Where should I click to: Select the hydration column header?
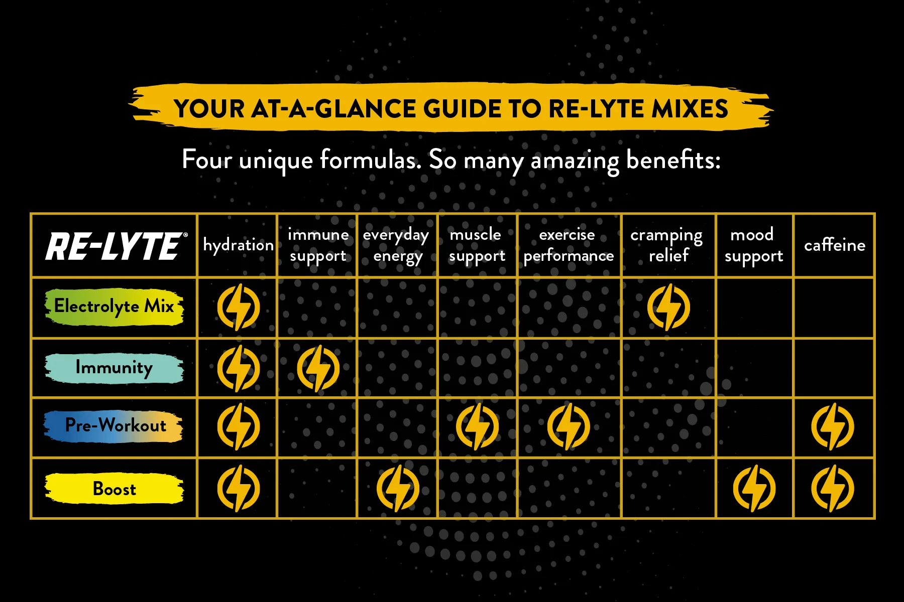click(x=239, y=245)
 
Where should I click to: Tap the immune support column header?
click(x=318, y=245)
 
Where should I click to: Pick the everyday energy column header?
click(x=396, y=246)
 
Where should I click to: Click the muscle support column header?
click(x=477, y=245)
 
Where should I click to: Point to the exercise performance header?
click(x=569, y=245)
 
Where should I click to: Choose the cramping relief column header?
click(x=667, y=245)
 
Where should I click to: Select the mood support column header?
click(x=753, y=245)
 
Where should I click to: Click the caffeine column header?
click(x=835, y=245)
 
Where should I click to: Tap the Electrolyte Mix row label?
click(x=115, y=307)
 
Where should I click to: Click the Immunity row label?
click(x=115, y=368)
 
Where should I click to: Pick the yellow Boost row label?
click(x=115, y=489)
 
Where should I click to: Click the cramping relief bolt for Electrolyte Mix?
click(x=668, y=307)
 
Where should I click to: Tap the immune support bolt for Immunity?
click(x=318, y=368)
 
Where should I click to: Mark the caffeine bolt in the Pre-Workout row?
click(x=833, y=427)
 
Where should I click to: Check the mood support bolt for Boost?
click(x=754, y=489)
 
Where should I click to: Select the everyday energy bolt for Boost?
click(x=398, y=489)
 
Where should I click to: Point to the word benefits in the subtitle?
click(x=673, y=160)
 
